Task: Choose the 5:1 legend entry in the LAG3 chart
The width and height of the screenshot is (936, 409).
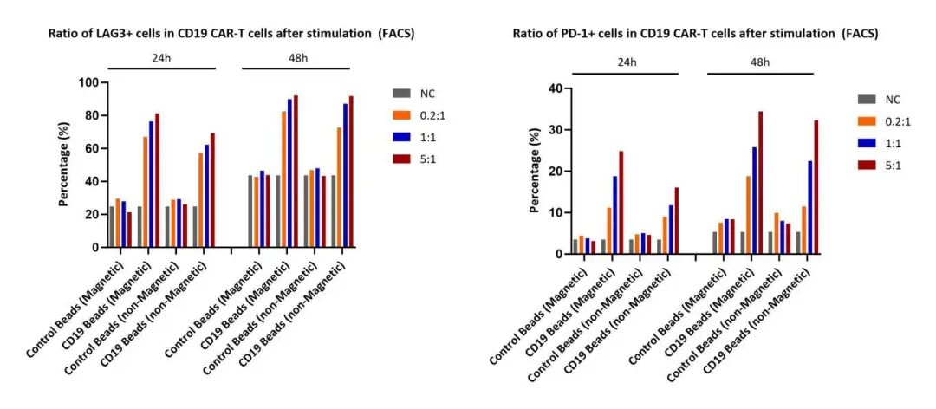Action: tap(415, 159)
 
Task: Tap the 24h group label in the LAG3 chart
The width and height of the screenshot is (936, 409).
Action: tap(160, 56)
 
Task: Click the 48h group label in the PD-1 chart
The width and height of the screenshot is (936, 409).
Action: tap(760, 62)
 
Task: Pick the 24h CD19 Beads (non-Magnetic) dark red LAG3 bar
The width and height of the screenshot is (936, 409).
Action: tap(212, 190)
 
